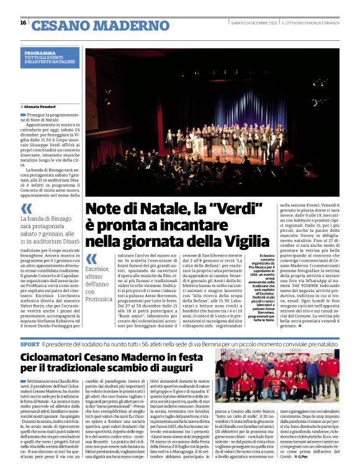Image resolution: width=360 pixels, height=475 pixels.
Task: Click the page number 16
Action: [23, 23]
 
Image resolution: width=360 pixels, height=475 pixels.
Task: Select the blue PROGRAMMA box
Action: [49, 58]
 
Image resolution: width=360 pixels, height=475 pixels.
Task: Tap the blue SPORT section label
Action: [29, 343]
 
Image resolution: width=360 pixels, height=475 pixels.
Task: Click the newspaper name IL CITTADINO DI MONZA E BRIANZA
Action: [310, 23]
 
